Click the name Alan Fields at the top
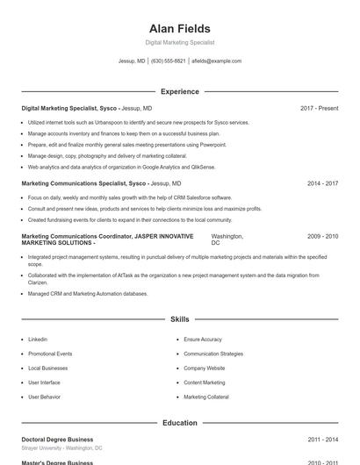pos(180,29)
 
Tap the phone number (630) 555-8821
pos(168,61)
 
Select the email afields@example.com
pos(216,61)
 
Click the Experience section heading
pos(180,91)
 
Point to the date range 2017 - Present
pos(319,108)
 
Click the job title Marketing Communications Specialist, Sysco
pos(84,183)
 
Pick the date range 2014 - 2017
pos(322,183)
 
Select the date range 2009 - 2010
pos(322,236)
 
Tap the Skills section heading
pos(180,319)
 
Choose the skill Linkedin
pos(38,339)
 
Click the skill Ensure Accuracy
pos(203,339)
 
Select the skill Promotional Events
pos(50,354)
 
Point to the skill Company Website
pos(205,368)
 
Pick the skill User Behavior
pos(44,397)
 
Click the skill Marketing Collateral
pos(206,397)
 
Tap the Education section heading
pos(180,423)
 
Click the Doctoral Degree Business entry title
pos(57,440)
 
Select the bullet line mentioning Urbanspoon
pos(138,122)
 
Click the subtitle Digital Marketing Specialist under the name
pos(180,42)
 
